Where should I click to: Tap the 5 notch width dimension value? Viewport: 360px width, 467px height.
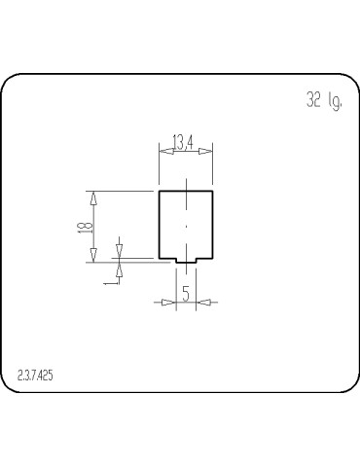[185, 294]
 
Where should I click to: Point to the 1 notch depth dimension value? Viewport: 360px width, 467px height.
[109, 281]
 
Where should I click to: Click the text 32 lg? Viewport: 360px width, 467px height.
[324, 101]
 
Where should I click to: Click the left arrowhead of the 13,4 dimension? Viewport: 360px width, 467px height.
[163, 151]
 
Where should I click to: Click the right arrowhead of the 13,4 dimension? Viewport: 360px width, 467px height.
[207, 151]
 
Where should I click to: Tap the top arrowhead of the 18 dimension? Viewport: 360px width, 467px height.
[94, 198]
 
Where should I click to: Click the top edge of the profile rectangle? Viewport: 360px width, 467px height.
[185, 191]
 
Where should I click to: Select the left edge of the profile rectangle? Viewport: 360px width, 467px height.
[159, 225]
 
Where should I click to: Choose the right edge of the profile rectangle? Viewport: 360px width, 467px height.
[212, 225]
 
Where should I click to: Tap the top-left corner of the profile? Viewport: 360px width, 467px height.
[159, 191]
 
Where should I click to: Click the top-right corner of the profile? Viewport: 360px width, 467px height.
[212, 191]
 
